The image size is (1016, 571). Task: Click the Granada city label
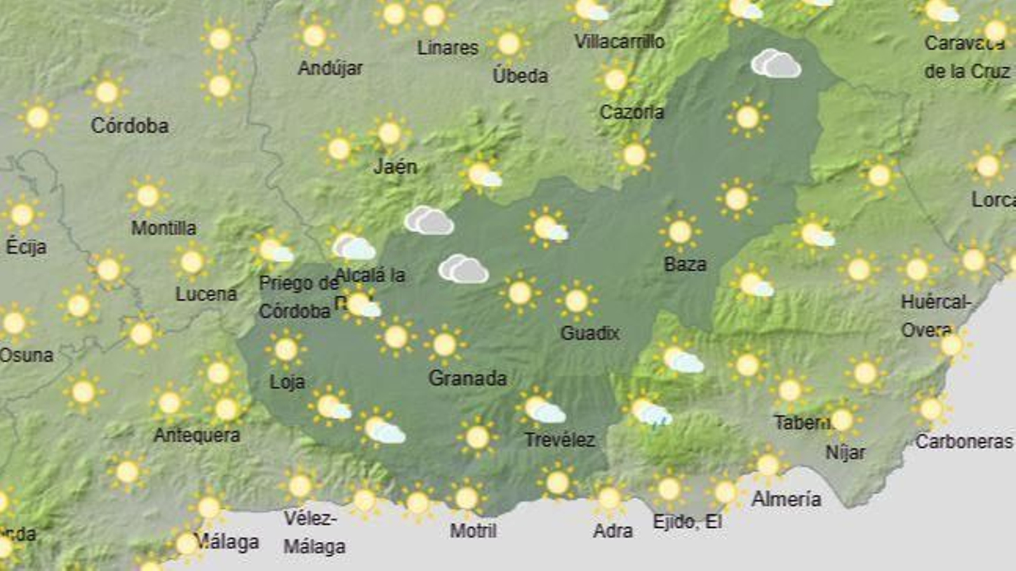[467, 379]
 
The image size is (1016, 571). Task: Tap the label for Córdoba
[130, 126]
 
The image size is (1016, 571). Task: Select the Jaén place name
[395, 167]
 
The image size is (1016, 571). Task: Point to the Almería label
[786, 499]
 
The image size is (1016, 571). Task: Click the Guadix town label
[589, 333]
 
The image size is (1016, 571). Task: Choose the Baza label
[685, 264]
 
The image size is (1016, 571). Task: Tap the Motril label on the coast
[473, 530]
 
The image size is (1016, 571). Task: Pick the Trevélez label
[559, 440]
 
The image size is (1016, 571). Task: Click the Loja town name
[287, 382]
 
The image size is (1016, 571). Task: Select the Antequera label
[197, 435]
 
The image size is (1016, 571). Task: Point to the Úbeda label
[520, 75]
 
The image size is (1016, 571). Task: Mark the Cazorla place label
[632, 112]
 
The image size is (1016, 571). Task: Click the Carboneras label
[963, 441]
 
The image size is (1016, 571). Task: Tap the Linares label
[448, 48]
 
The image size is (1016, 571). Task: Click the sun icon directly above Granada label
[444, 345]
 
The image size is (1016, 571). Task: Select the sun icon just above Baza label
[679, 232]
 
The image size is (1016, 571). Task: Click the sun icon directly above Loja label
[286, 349]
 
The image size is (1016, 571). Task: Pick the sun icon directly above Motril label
[466, 499]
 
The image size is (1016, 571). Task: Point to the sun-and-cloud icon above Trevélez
[544, 409]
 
